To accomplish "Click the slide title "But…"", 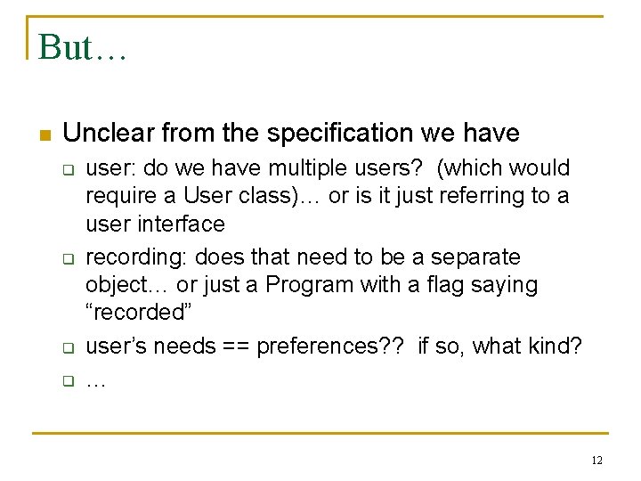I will (x=83, y=47).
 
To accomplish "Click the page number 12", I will (x=596, y=461).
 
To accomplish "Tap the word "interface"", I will (x=183, y=224).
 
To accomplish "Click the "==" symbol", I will (x=236, y=346).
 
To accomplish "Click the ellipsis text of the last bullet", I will (x=96, y=382).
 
